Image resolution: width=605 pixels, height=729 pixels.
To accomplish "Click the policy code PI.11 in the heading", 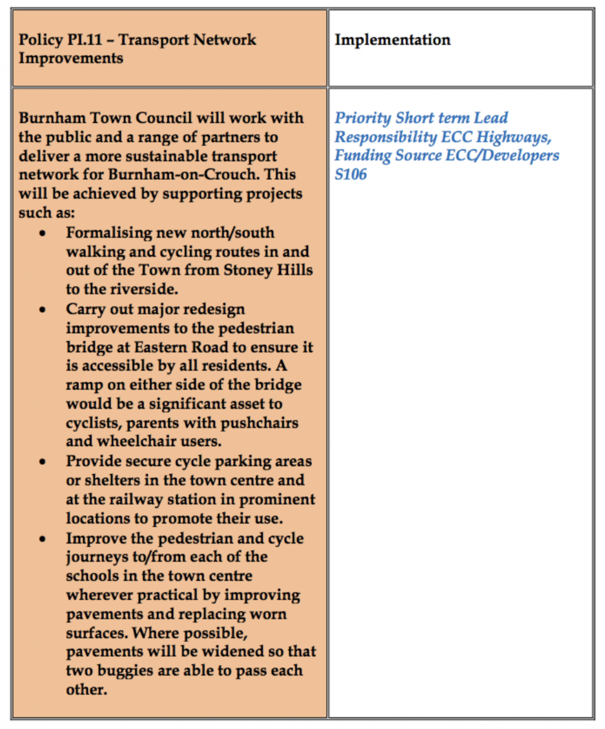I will pos(85,40).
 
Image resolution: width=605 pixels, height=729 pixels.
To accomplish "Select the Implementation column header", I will pos(392,40).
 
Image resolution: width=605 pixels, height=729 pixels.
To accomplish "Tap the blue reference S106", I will pos(350,174).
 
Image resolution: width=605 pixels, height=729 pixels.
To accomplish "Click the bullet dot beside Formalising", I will pos(43,233).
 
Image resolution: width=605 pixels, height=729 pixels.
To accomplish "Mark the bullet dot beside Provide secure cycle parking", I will pos(43,462).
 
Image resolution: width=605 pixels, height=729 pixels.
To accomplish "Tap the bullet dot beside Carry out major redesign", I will pos(43,310).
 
